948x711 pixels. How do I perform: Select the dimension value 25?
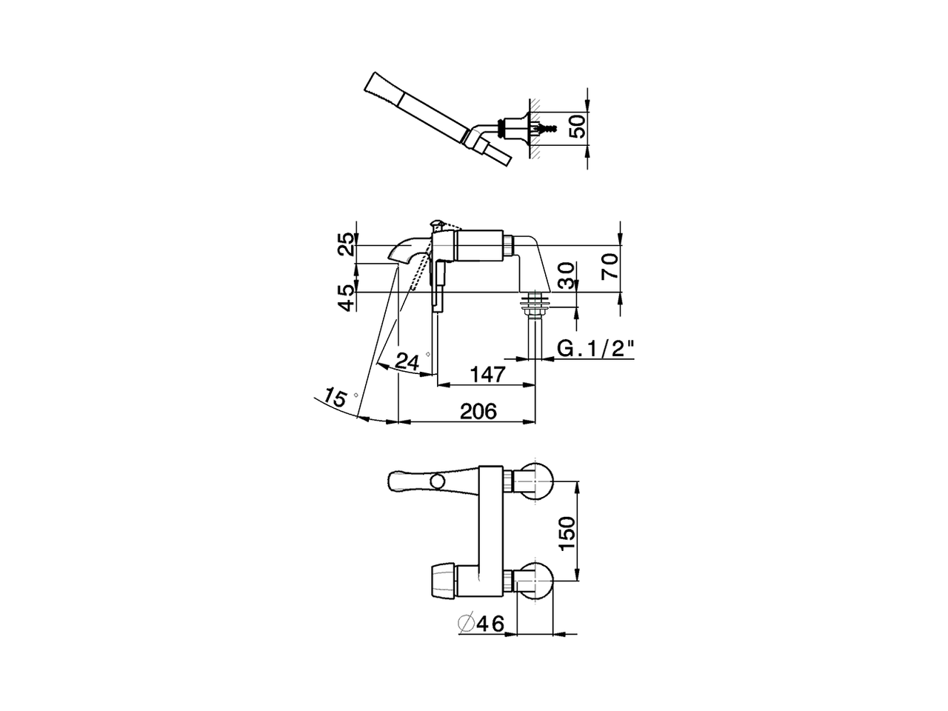(347, 244)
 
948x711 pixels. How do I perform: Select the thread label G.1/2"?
(597, 348)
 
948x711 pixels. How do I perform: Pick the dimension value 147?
(487, 374)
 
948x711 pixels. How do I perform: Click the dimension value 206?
(478, 411)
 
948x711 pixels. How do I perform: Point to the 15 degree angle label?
(336, 398)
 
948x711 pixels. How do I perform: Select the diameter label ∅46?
(481, 624)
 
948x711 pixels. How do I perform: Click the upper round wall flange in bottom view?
(535, 481)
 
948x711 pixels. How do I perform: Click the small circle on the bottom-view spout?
(438, 483)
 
